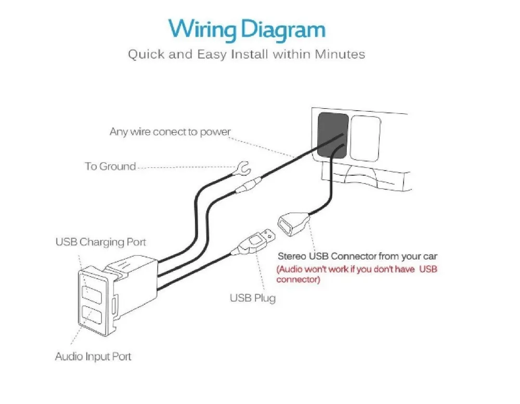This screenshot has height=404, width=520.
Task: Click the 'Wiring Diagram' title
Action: pos(246,30)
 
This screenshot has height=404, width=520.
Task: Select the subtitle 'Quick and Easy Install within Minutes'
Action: pos(246,54)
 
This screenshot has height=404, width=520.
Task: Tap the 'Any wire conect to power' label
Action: pos(170,132)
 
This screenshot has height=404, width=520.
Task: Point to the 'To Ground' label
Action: pos(110,166)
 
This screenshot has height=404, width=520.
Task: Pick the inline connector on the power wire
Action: pos(248,185)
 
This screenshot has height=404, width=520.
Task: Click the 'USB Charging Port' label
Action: pos(100,242)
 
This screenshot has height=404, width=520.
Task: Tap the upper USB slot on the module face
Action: pos(91,293)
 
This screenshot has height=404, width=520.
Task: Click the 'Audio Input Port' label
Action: pos(93,357)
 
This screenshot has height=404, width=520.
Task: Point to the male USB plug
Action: pos(254,242)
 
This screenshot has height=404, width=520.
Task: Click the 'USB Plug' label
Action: pos(253,298)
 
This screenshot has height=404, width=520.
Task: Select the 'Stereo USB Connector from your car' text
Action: pos(358,256)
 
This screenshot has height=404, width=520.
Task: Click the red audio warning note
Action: pos(357,274)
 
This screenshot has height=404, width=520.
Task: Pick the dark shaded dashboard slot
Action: pos(333,135)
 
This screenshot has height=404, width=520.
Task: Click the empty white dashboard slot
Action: pos(366,138)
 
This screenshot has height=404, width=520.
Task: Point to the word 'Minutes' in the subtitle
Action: pos(340,54)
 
